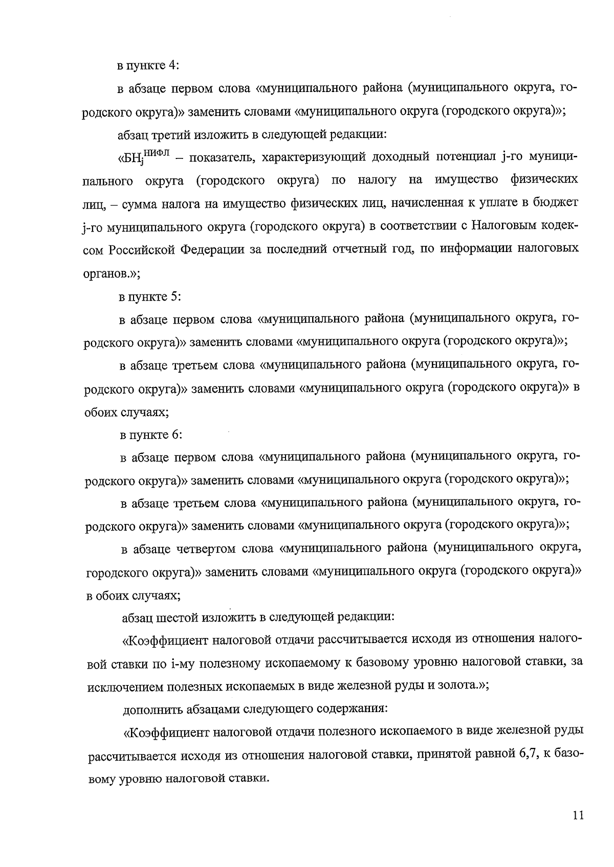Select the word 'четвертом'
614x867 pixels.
(x=208, y=549)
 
